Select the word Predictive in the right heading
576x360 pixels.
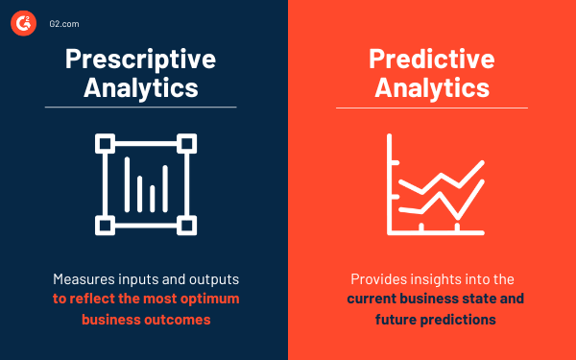(432, 59)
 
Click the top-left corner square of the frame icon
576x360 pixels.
(103, 143)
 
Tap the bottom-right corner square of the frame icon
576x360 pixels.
(187, 227)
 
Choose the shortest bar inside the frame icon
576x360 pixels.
(126, 197)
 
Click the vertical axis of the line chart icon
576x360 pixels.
(390, 182)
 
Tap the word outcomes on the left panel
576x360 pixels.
(178, 320)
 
